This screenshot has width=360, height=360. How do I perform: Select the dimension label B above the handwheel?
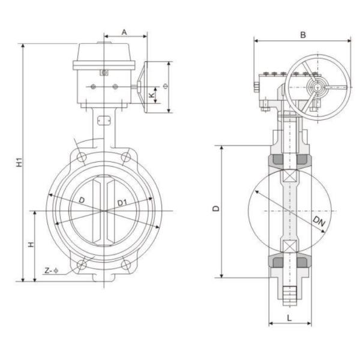coord(303,35)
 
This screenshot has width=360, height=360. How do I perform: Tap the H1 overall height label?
coord(19,161)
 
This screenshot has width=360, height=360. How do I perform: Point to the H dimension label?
coord(31,244)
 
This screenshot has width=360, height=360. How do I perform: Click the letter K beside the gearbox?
coord(152,94)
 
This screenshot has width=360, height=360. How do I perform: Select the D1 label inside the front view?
coord(122,203)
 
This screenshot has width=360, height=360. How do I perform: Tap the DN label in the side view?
coord(319,222)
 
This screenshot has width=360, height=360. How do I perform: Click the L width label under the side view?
coord(290,317)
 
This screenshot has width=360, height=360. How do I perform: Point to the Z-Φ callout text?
coord(52,271)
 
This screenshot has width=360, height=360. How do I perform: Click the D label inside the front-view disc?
coord(81,199)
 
